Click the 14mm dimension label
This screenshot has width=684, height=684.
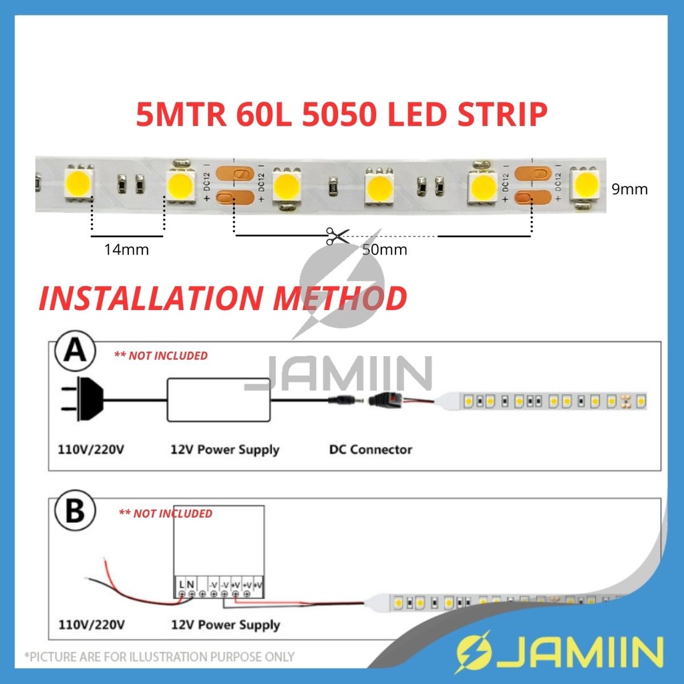pyautogui.click(x=126, y=250)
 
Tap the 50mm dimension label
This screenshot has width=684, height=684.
pyautogui.click(x=384, y=250)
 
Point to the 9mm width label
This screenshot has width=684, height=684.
pyautogui.click(x=629, y=189)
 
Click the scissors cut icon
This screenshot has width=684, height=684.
pyautogui.click(x=337, y=236)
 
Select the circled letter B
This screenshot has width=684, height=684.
pyautogui.click(x=74, y=512)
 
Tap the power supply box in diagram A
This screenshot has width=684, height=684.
pyautogui.click(x=218, y=399)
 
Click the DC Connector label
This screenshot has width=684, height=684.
pyautogui.click(x=371, y=450)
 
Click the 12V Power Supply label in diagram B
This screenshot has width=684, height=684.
pyautogui.click(x=225, y=625)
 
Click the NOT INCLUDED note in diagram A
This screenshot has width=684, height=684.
pyautogui.click(x=161, y=355)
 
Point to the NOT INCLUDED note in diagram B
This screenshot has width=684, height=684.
pyautogui.click(x=165, y=514)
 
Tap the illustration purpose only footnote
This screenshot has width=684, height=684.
pyautogui.click(x=159, y=657)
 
